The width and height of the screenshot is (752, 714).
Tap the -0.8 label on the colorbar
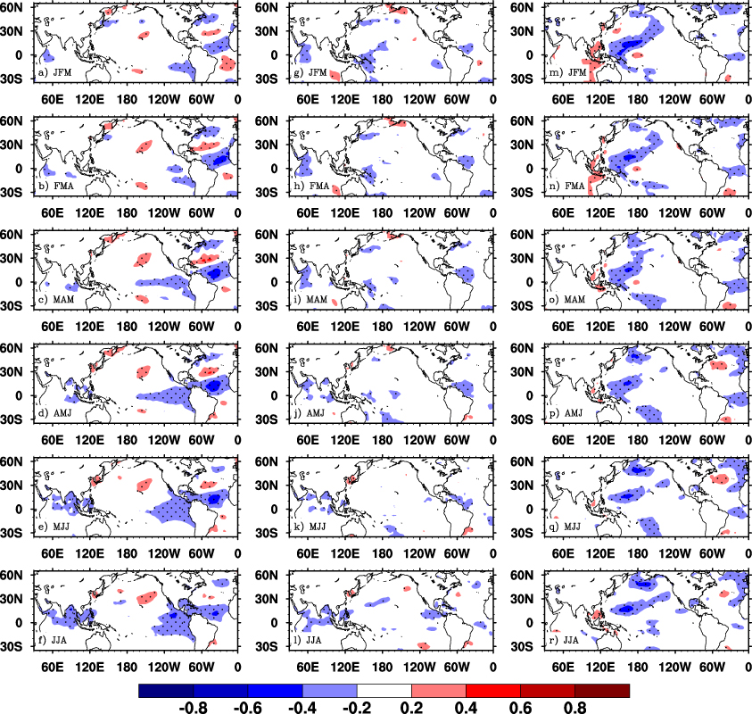(x=194, y=706)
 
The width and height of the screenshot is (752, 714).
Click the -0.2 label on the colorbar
(x=358, y=706)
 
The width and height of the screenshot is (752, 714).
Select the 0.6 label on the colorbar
(x=521, y=706)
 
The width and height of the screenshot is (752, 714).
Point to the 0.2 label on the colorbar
(x=412, y=706)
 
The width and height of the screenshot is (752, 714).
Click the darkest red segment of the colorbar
(x=602, y=691)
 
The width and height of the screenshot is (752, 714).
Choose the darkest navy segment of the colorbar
(x=167, y=691)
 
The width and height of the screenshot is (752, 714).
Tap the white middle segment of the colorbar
(x=384, y=691)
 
